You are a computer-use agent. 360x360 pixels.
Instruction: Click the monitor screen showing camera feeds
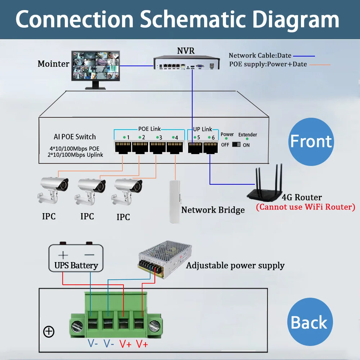point(96,65)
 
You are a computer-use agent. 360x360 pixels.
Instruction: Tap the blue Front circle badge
point(311,141)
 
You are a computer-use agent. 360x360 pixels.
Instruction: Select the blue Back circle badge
point(309,323)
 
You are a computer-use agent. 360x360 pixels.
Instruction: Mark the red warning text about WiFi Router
point(305,207)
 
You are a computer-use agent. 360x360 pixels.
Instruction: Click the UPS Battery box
point(76,258)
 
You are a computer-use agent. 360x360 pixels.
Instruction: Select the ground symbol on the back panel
point(49,332)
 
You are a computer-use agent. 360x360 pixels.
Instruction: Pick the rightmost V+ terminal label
point(142,344)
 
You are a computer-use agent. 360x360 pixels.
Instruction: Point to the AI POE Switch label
point(75,137)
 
